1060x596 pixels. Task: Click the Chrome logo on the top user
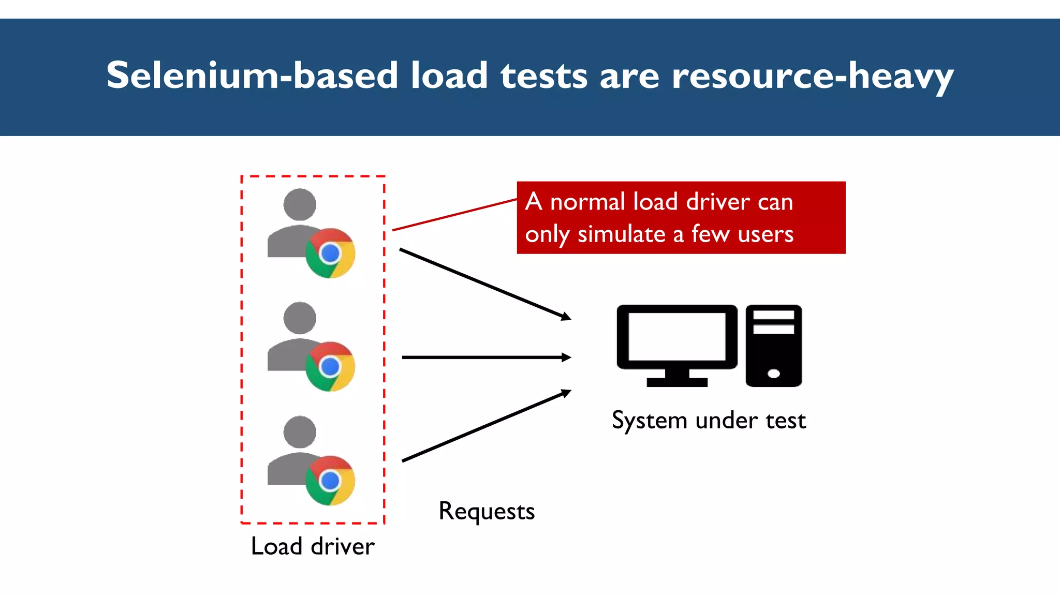(330, 254)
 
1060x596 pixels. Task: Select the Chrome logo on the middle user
(330, 367)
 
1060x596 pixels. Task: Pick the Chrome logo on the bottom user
(330, 481)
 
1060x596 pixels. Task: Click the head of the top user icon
(300, 204)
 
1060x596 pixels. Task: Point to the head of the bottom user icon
(300, 432)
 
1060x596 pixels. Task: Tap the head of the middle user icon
(300, 318)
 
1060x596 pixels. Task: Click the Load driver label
(313, 546)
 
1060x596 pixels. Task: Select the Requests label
(487, 511)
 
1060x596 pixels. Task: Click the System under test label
(709, 420)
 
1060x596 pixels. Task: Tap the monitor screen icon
(676, 337)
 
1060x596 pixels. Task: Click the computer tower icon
(773, 345)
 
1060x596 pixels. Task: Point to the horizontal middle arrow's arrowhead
(567, 357)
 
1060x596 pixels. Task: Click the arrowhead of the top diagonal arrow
(567, 317)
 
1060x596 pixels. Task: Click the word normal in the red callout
(588, 202)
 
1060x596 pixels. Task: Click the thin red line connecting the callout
(454, 214)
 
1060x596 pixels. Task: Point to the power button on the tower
(774, 374)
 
